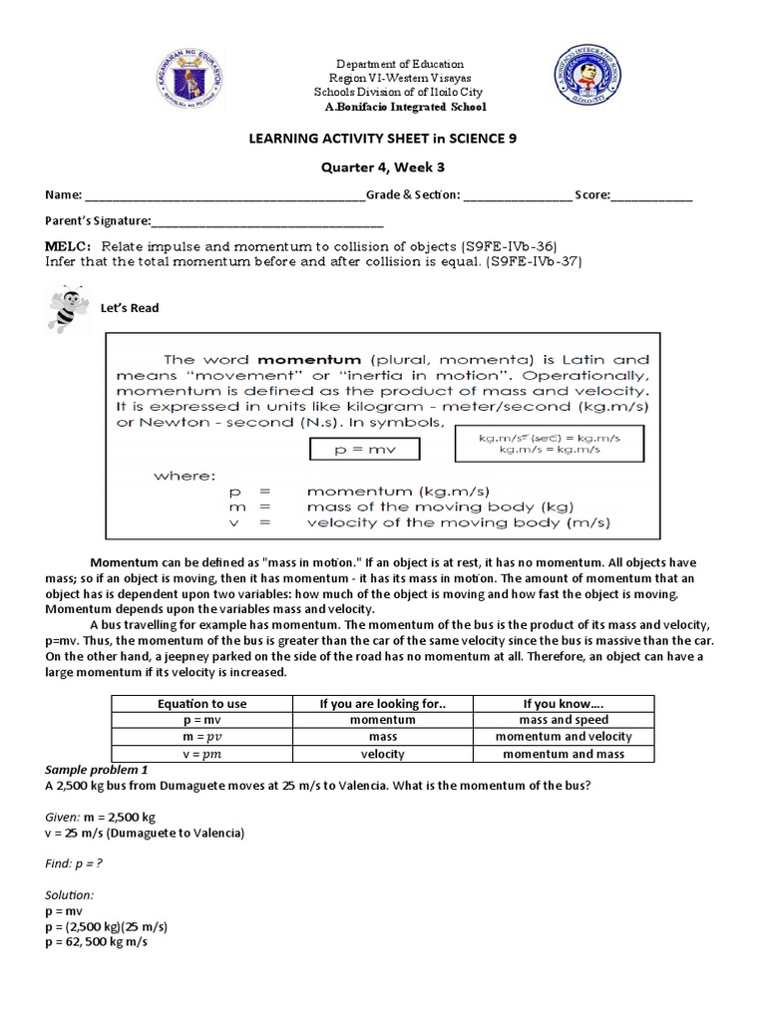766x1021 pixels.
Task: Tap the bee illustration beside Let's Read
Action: click(x=64, y=308)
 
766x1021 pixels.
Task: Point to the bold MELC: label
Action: click(x=68, y=245)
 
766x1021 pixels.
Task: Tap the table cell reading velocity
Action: click(x=382, y=754)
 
